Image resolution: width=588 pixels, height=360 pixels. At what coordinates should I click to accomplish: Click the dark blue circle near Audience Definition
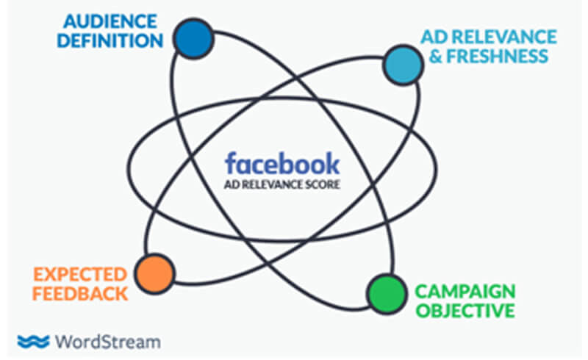[x=194, y=39]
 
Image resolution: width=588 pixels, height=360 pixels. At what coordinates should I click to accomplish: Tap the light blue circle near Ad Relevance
[x=403, y=65]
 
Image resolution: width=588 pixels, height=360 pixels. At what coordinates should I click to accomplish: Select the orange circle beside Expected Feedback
[x=154, y=273]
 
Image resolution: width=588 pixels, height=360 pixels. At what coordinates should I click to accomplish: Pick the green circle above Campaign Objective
[x=386, y=294]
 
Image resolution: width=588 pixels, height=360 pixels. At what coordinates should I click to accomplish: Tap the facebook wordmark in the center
[x=282, y=162]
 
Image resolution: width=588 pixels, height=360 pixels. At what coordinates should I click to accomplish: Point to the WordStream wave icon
[x=32, y=341]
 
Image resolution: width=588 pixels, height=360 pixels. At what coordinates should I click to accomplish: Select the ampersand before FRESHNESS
[x=436, y=57]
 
